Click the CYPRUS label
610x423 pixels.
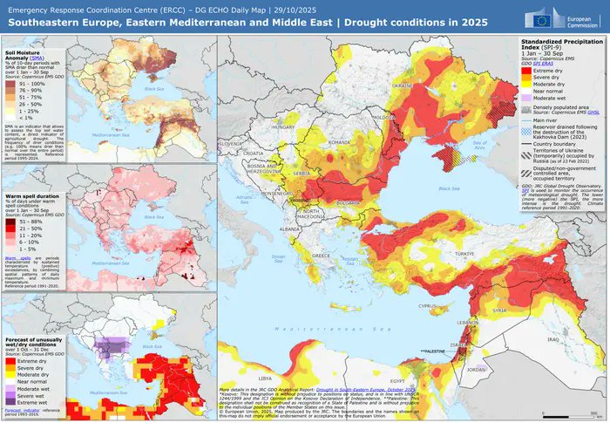(x=428, y=306)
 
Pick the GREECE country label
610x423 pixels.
(x=322, y=256)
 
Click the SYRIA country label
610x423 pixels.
(x=502, y=310)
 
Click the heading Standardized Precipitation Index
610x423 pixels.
(x=558, y=44)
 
